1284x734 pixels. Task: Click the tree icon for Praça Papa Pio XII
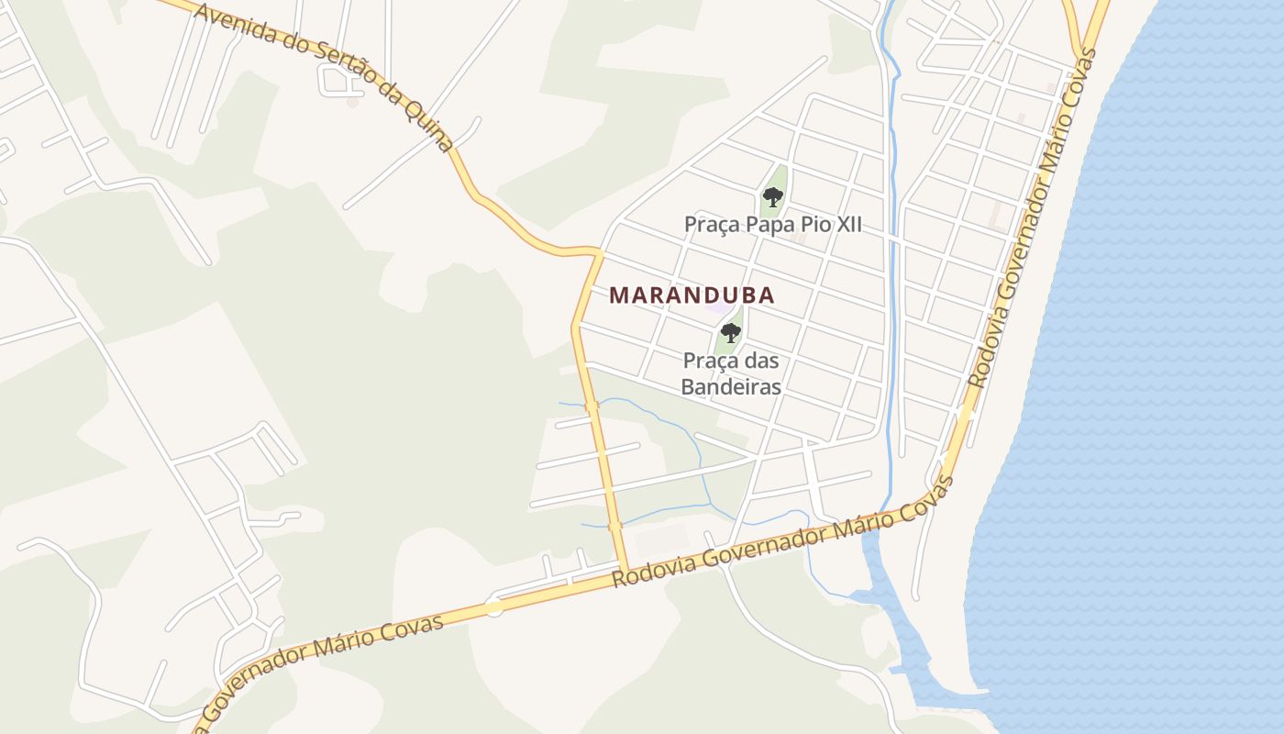click(772, 196)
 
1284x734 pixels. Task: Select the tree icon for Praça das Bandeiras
click(730, 332)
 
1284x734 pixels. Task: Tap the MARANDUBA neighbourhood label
click(692, 295)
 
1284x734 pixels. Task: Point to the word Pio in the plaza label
click(812, 225)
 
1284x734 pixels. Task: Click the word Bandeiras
click(731, 386)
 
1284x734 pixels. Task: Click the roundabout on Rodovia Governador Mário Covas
click(494, 606)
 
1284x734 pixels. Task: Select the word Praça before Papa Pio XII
click(712, 225)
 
